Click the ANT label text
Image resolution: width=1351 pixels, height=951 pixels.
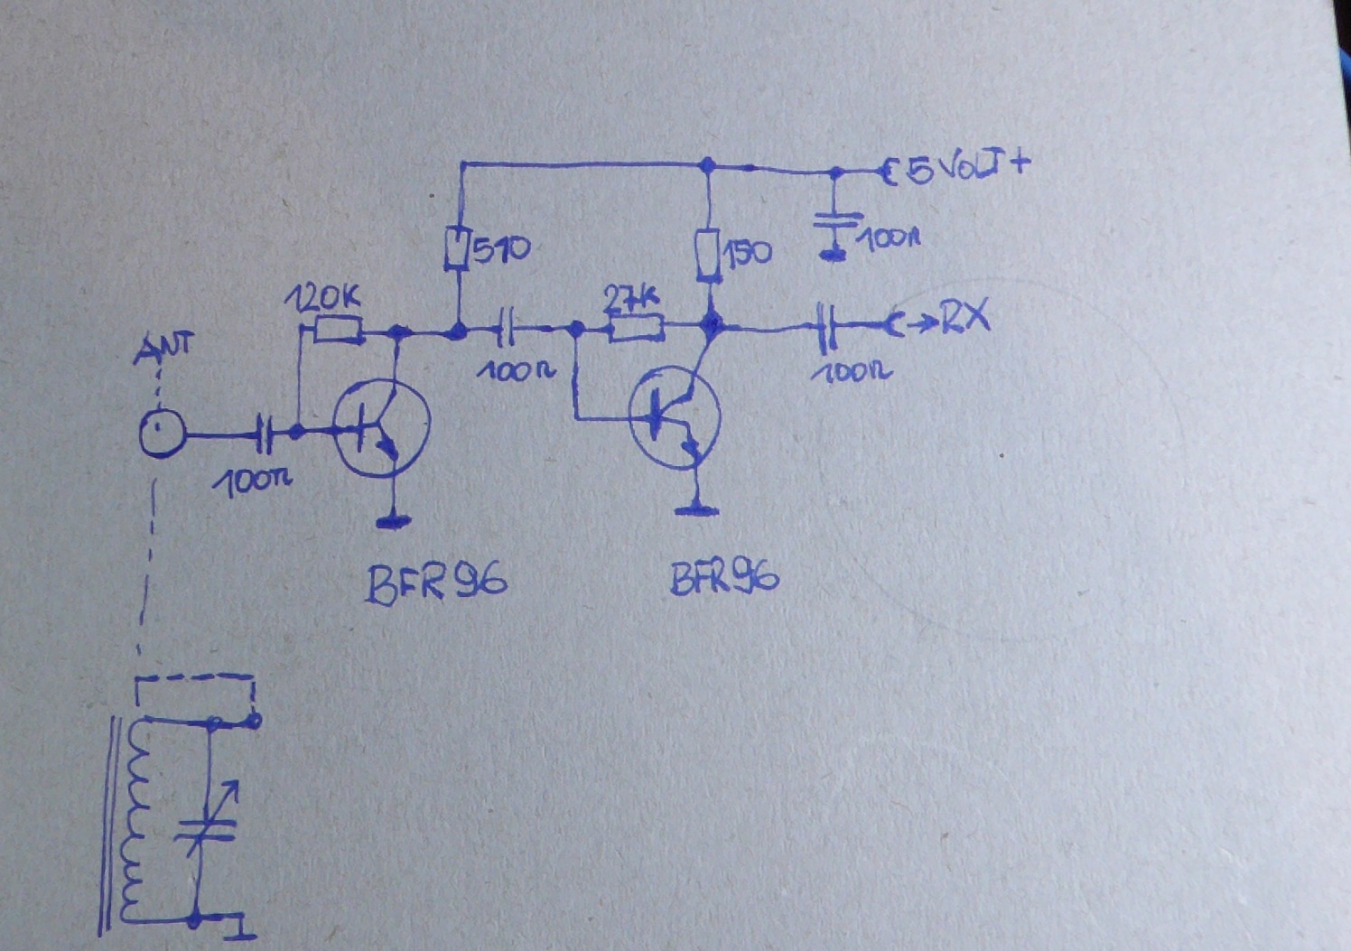click(x=163, y=347)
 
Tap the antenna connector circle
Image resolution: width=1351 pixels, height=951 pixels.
click(x=163, y=434)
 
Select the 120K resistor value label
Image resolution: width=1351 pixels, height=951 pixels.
click(x=322, y=297)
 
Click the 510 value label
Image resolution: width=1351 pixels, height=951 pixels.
click(x=502, y=249)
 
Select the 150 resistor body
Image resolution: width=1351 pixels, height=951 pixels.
click(x=708, y=255)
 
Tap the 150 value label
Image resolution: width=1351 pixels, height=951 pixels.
click(x=748, y=253)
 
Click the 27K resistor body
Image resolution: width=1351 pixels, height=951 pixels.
click(x=636, y=329)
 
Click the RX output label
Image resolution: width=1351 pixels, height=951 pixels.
click(x=964, y=318)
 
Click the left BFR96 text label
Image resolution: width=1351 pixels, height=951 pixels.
click(x=436, y=583)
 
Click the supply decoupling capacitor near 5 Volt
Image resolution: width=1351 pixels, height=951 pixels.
click(x=835, y=222)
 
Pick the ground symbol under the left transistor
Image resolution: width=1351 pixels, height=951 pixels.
click(x=392, y=520)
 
